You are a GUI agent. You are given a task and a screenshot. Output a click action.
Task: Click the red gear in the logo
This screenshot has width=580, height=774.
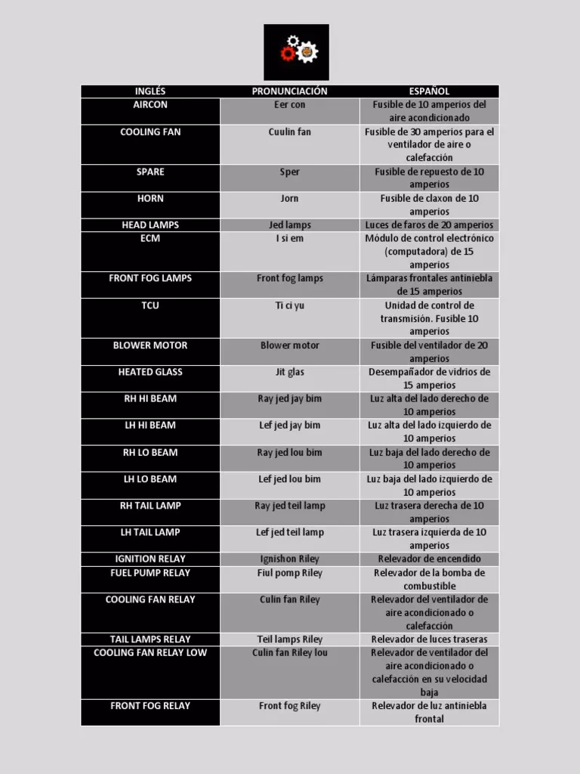point(287,54)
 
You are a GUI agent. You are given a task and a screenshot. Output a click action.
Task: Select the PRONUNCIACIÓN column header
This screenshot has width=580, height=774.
point(289,91)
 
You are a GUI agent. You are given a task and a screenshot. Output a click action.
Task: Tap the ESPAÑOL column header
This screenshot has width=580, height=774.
point(429,91)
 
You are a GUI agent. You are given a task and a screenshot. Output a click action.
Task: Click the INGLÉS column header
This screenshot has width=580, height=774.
point(150,91)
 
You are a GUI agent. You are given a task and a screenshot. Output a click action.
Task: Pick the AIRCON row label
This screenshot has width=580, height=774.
point(150,105)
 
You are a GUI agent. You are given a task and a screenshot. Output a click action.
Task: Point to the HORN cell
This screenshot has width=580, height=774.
point(150,199)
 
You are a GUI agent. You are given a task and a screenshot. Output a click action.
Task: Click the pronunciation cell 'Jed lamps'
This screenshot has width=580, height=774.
point(289,225)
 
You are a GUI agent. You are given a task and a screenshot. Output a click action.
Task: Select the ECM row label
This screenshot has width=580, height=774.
point(150,239)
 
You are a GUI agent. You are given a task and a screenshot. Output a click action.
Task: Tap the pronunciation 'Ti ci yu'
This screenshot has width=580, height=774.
point(289,305)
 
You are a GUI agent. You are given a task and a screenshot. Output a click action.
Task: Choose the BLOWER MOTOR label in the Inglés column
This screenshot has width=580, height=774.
point(150,345)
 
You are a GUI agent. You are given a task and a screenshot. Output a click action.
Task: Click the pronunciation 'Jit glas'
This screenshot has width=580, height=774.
point(289,372)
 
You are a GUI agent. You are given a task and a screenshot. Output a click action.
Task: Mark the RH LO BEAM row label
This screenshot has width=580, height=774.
point(150,453)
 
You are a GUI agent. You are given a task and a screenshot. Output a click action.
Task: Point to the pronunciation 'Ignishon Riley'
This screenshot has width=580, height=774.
point(289,559)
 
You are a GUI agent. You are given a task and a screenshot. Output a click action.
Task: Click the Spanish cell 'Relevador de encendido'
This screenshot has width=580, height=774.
point(429,559)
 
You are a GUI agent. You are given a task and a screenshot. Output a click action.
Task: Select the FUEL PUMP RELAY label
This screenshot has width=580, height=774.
point(150,573)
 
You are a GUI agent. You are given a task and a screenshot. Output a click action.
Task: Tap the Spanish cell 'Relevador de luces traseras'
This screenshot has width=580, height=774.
point(429,639)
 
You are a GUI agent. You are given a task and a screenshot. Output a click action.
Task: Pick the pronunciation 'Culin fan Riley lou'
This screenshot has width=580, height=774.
point(289,653)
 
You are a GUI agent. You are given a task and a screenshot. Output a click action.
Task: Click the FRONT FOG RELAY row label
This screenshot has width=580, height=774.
point(150,706)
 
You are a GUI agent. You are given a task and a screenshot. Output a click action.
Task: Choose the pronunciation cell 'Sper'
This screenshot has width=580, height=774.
point(289,172)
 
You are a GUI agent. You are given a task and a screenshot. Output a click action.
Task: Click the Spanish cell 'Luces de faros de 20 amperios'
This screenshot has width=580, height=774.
point(429,225)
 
